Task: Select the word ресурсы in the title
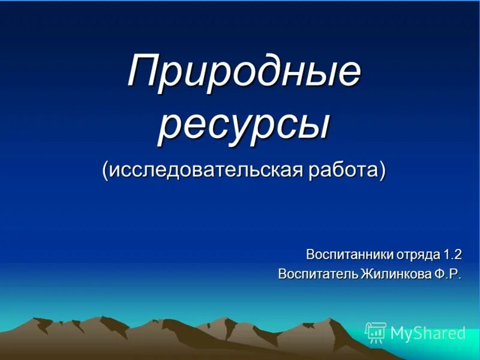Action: pyautogui.click(x=244, y=125)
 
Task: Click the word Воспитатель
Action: pyautogui.click(x=318, y=274)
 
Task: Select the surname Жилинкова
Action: pyautogui.click(x=395, y=274)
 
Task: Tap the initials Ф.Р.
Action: pyautogui.click(x=447, y=274)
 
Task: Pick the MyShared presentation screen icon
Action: pyautogui.click(x=376, y=332)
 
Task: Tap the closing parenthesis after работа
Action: pyautogui.click(x=382, y=170)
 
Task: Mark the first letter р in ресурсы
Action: pyautogui.click(x=169, y=128)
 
